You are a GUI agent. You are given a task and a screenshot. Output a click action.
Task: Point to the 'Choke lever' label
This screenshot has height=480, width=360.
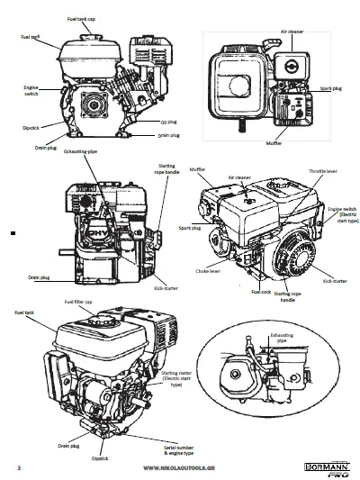point(208,270)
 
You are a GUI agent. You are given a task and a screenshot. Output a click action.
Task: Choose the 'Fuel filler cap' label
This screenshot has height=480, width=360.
point(79,301)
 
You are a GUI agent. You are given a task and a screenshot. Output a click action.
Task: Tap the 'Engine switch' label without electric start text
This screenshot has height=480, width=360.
point(30,90)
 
